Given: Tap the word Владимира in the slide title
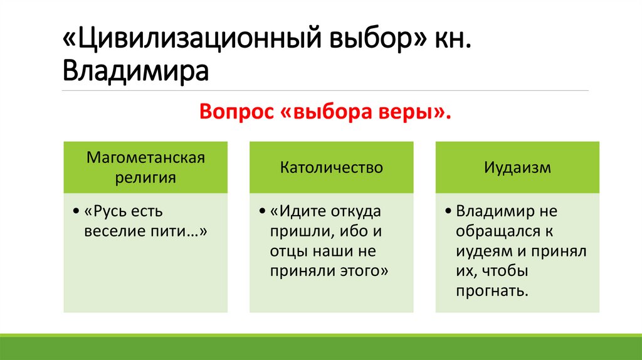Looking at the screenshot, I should pos(135,70).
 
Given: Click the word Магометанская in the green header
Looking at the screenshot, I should pos(146,157).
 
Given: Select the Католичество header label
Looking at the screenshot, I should pos(331,167).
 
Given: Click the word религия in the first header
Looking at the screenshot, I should pos(145,177).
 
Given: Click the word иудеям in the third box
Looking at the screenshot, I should pos(486,251).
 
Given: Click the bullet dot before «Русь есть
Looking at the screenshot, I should pos(76,211).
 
